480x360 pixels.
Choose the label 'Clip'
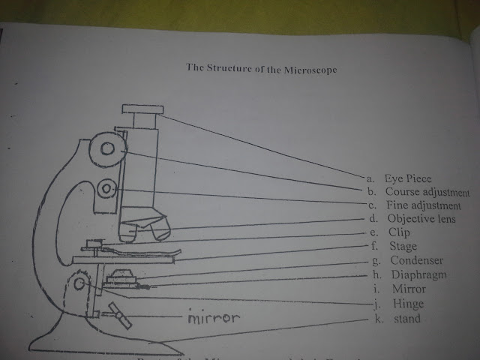pyautogui.click(x=400, y=232)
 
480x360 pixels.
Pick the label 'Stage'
pyautogui.click(x=403, y=246)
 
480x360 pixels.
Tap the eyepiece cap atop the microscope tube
pyautogui.click(x=142, y=110)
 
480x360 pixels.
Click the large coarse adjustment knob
pyautogui.click(x=108, y=149)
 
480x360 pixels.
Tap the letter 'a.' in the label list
pyautogui.click(x=370, y=178)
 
